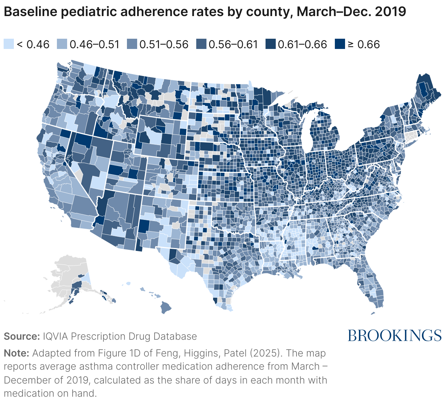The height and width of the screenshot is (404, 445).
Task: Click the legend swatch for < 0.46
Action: (9, 44)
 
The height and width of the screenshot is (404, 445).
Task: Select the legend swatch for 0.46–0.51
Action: (62, 44)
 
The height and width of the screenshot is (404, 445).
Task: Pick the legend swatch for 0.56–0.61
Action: (201, 44)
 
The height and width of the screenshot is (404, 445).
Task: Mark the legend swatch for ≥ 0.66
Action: (340, 44)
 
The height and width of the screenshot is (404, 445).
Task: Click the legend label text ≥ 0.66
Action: (363, 44)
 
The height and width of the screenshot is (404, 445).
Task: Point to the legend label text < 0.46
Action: (33, 44)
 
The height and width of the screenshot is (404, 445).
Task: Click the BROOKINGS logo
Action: (394, 335)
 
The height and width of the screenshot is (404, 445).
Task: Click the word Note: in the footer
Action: (16, 353)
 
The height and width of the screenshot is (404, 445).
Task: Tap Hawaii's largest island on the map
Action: (166, 308)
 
